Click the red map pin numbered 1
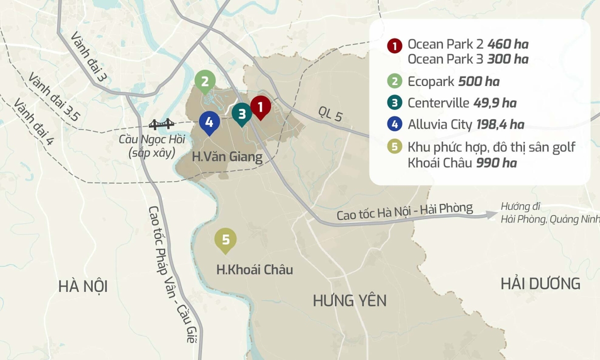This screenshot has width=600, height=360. coord(260,106)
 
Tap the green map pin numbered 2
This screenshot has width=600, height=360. coord(205,81)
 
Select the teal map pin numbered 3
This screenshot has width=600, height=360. coord(242,113)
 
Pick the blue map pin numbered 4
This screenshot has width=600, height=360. coord(209,122)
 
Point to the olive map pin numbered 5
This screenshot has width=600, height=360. coord(225,240)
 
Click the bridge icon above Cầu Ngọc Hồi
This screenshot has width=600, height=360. coord(161,124)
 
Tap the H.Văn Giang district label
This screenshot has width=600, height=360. coord(227,157)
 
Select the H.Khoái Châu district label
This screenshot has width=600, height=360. coord(254,270)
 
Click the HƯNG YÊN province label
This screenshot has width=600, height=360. coord(349,300)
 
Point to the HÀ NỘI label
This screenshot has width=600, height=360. coord(83,286)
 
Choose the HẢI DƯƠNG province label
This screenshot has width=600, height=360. coord(540,283)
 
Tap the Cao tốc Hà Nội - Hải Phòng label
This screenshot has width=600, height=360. coord(404,211)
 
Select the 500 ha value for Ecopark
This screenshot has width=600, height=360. coord(478,81)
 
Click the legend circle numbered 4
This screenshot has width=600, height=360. coord(395,125)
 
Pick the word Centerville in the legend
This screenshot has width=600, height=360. coord(438,103)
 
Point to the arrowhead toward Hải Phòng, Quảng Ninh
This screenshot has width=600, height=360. coord(492,214)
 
